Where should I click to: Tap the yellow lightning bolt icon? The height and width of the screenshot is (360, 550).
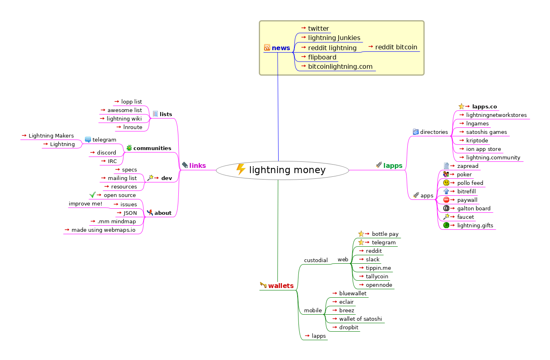[x=241, y=169]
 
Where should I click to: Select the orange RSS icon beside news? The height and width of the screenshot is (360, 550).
[x=267, y=48]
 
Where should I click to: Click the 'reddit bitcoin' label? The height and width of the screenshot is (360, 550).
[x=396, y=47]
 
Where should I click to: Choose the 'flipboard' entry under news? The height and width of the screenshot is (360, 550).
[x=322, y=57]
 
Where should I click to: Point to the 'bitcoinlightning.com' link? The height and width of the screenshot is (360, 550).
[x=340, y=66]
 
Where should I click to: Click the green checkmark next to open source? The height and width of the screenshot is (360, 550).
[x=92, y=195]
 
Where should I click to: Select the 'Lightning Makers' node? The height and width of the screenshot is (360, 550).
[x=51, y=136]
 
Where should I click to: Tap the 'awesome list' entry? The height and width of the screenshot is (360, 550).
[x=125, y=110]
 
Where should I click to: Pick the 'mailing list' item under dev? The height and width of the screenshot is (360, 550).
[x=122, y=178]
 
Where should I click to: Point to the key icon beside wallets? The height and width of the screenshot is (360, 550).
[x=263, y=285]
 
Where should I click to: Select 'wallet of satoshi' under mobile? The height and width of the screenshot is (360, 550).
[x=360, y=319]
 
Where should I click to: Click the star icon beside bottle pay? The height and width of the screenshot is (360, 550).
[x=361, y=234]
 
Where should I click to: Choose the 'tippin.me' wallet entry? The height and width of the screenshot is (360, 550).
[x=378, y=268]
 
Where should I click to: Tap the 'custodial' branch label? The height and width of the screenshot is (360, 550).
[x=316, y=260]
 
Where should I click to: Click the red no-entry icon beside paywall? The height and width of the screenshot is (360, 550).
[x=446, y=200]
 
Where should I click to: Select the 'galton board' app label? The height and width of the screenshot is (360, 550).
[x=474, y=208]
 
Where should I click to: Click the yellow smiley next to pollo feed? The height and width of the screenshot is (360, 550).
[x=446, y=183]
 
